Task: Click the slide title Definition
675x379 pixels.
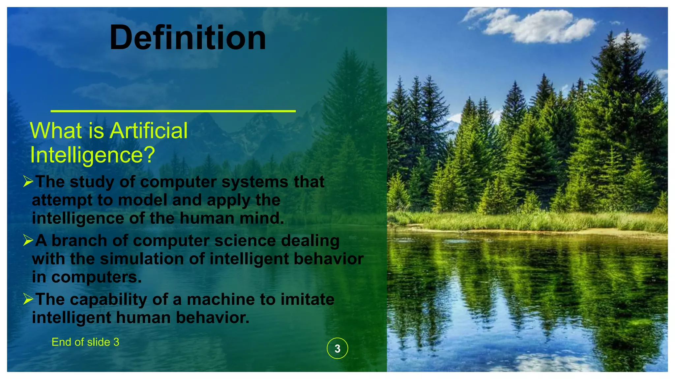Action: click(x=188, y=38)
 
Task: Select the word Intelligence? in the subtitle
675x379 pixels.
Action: click(x=92, y=155)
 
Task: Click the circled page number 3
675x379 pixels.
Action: click(x=337, y=348)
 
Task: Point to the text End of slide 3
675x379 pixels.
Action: click(x=85, y=342)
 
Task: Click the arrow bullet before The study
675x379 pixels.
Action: click(x=28, y=181)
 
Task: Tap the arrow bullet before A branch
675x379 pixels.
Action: click(x=28, y=240)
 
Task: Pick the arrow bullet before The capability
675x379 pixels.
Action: click(x=28, y=299)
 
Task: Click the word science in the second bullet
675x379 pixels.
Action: click(x=245, y=241)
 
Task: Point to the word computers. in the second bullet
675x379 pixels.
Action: click(x=96, y=277)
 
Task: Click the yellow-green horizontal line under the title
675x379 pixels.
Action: click(x=173, y=111)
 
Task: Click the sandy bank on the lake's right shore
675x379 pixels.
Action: click(x=610, y=232)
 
